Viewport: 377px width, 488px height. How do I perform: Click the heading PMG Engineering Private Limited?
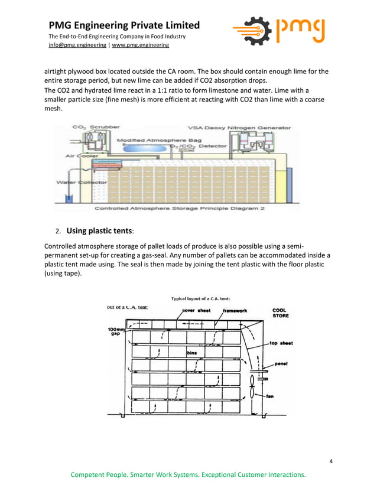point(124,25)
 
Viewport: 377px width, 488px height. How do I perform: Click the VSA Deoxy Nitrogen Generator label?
point(239,127)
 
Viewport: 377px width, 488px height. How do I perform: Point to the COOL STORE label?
point(279,313)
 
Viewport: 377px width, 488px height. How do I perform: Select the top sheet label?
point(281,343)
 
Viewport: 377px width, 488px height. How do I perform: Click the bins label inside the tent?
point(191,353)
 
